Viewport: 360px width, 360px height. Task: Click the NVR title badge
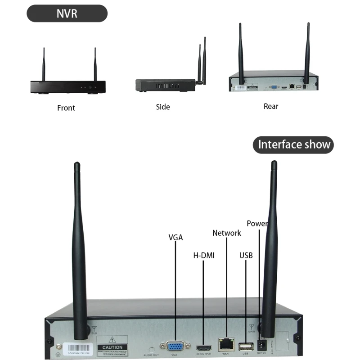pyautogui.click(x=67, y=13)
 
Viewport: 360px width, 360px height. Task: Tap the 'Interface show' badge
pyautogui.click(x=293, y=145)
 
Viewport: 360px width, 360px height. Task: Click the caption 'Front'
pyautogui.click(x=66, y=108)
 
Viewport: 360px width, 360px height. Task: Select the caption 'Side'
pyautogui.click(x=163, y=107)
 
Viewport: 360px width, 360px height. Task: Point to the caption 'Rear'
pyautogui.click(x=271, y=107)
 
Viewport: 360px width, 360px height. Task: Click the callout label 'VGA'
pyautogui.click(x=175, y=237)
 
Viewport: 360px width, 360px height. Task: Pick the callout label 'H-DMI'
pyautogui.click(x=204, y=256)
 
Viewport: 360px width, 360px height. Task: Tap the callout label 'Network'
pyautogui.click(x=227, y=233)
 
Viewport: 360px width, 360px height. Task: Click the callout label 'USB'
pyautogui.click(x=246, y=256)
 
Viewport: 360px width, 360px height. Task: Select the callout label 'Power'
pyautogui.click(x=257, y=224)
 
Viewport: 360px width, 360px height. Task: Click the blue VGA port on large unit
pyautogui.click(x=175, y=346)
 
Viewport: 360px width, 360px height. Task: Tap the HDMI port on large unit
pyautogui.click(x=204, y=348)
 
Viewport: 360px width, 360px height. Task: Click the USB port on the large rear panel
pyautogui.click(x=246, y=346)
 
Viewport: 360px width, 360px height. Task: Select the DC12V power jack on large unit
pyautogui.click(x=261, y=346)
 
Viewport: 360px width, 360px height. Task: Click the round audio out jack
pyautogui.click(x=151, y=349)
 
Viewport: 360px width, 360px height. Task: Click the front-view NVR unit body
pyautogui.click(x=67, y=86)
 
